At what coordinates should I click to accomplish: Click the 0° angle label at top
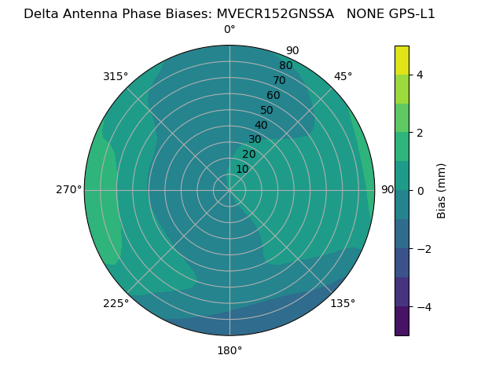[x=229, y=30]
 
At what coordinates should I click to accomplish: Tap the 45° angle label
[x=343, y=76]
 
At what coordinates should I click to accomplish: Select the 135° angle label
[x=343, y=303]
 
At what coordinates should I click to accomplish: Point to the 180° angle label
[x=229, y=350]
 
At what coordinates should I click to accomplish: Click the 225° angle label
[x=116, y=303]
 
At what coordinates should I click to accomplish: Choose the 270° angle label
[x=68, y=190]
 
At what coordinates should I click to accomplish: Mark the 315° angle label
[x=116, y=76]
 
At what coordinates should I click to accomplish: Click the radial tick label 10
[x=242, y=169]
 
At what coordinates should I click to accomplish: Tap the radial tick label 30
[x=255, y=140]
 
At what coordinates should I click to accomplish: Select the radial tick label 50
[x=267, y=111]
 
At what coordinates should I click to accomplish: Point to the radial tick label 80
[x=285, y=66]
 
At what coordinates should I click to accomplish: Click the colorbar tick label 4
[x=420, y=75]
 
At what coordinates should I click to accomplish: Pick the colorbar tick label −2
[x=423, y=249]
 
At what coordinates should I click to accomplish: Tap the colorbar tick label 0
[x=420, y=191]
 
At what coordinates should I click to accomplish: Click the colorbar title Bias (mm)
[x=442, y=191]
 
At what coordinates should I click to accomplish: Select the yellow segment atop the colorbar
[x=402, y=60]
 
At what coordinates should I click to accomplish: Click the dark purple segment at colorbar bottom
[x=402, y=321]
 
